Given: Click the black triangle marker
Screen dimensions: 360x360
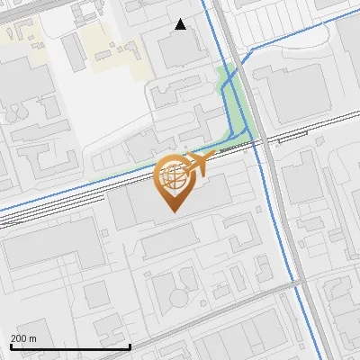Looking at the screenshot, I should point(181,24).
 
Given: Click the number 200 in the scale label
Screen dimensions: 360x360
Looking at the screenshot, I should point(18,337).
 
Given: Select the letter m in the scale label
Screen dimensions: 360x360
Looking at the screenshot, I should point(32,337).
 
